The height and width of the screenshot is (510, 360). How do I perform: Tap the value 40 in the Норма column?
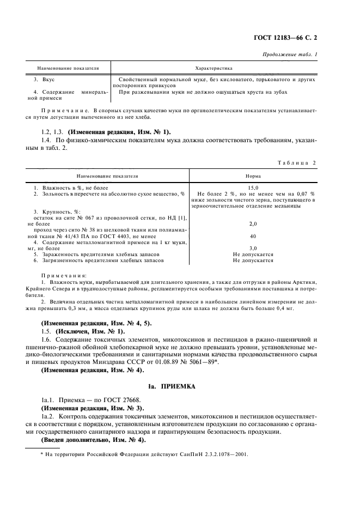253,236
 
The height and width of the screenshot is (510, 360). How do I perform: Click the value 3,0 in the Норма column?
253,248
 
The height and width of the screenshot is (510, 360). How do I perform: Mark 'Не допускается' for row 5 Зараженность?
253,254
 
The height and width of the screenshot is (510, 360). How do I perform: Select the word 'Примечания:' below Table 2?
64,276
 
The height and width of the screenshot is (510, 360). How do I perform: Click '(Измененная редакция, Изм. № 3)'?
86,408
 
